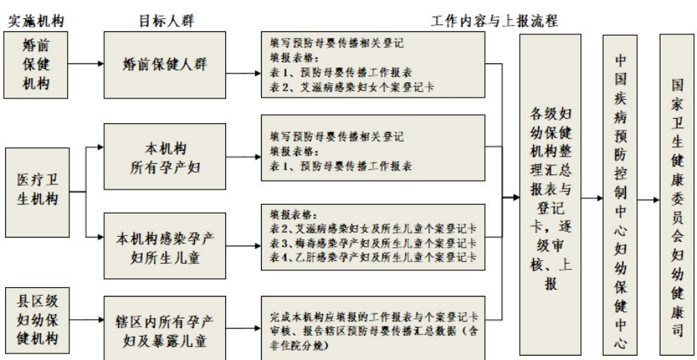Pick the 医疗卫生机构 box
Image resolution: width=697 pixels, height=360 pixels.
point(36,187)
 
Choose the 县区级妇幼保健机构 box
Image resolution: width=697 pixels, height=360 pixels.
point(36,318)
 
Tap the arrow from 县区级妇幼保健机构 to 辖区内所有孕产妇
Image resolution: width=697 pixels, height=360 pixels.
point(85,318)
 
